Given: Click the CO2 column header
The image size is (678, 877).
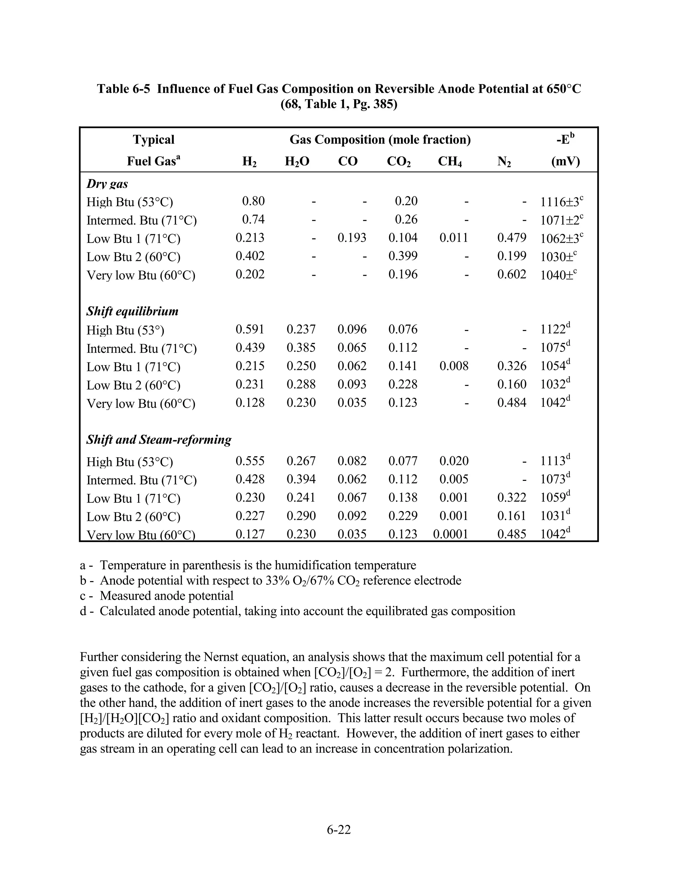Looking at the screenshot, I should (399, 162).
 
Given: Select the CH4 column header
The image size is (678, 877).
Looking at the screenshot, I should (450, 162).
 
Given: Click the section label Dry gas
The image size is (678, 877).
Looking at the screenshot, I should (107, 184).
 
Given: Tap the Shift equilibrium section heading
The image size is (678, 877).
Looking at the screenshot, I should (132, 311).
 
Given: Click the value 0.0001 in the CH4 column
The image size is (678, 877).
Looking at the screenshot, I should (450, 534).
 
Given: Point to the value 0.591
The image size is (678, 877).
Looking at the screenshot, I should (250, 329).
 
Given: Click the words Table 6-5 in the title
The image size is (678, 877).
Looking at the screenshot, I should (124, 89).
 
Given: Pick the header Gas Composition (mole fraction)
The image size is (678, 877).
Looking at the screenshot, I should (380, 140).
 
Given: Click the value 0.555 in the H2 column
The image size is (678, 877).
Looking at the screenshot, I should (250, 461).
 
